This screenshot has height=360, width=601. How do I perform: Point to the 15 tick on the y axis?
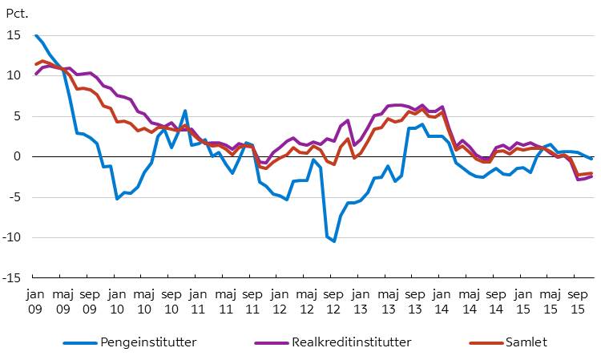click(14, 35)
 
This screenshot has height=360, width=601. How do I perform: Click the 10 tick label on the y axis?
click(14, 75)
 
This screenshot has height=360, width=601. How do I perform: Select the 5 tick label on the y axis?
click(18, 116)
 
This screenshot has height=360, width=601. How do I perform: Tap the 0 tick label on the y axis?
click(18, 156)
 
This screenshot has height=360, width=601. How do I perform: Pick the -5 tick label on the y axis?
click(15, 197)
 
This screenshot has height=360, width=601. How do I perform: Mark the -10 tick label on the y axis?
click(12, 237)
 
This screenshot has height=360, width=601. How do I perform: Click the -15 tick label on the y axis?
click(12, 277)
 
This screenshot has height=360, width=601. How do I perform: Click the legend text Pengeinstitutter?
click(148, 342)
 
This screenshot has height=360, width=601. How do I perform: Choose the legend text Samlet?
click(526, 342)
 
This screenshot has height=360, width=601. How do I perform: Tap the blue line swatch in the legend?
click(79, 342)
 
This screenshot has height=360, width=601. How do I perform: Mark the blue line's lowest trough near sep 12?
click(334, 241)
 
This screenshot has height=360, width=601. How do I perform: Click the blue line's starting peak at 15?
click(36, 35)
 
